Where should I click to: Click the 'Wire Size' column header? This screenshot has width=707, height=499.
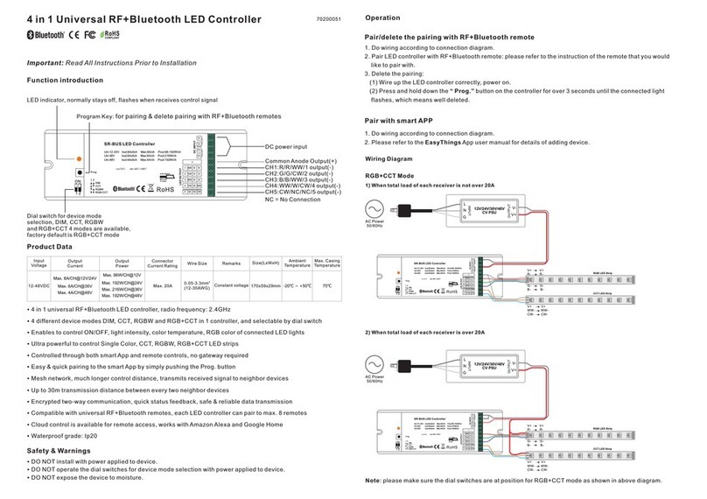pos(197,263)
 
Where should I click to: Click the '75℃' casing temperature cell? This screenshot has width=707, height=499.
pos(326,285)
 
